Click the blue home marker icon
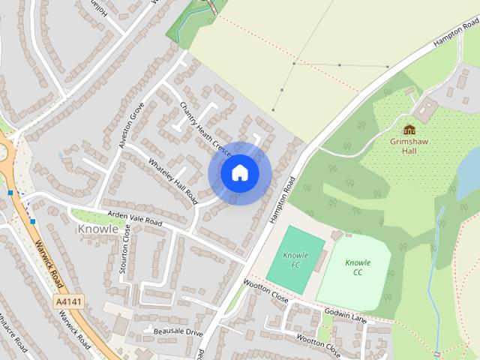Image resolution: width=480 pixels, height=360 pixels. click(x=239, y=173)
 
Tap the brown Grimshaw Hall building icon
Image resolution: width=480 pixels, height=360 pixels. click(x=409, y=130)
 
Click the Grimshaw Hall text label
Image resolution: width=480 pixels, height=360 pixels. click(x=409, y=145)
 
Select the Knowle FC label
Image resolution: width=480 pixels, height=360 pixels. click(x=296, y=260)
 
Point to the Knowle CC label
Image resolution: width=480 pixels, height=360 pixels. click(x=358, y=267)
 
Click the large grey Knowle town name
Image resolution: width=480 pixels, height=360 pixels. click(x=98, y=228)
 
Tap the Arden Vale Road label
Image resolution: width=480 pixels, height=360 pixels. click(x=135, y=218)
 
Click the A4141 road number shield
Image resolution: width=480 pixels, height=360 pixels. click(x=69, y=301)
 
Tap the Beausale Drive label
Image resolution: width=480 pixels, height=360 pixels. click(x=178, y=331)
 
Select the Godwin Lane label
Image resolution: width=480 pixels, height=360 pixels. click(x=346, y=313)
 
